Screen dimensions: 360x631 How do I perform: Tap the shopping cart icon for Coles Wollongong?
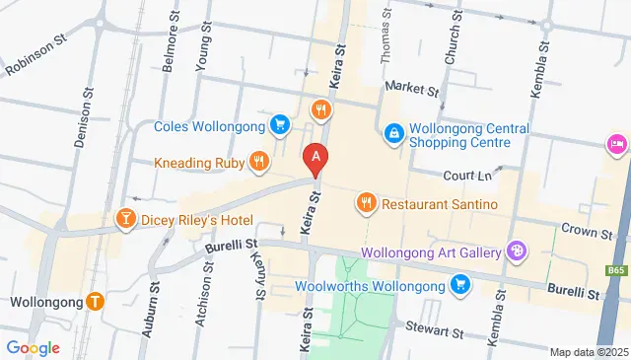pos(281,125)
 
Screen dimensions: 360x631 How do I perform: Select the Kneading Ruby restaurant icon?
pos(257,160)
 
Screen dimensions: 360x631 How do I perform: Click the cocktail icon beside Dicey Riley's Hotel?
pos(126,218)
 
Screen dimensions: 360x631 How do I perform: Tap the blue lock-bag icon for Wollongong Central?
pos(393,130)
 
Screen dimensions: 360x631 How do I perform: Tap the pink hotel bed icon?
pos(617,146)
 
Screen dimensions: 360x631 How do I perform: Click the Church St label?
pos(452,44)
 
